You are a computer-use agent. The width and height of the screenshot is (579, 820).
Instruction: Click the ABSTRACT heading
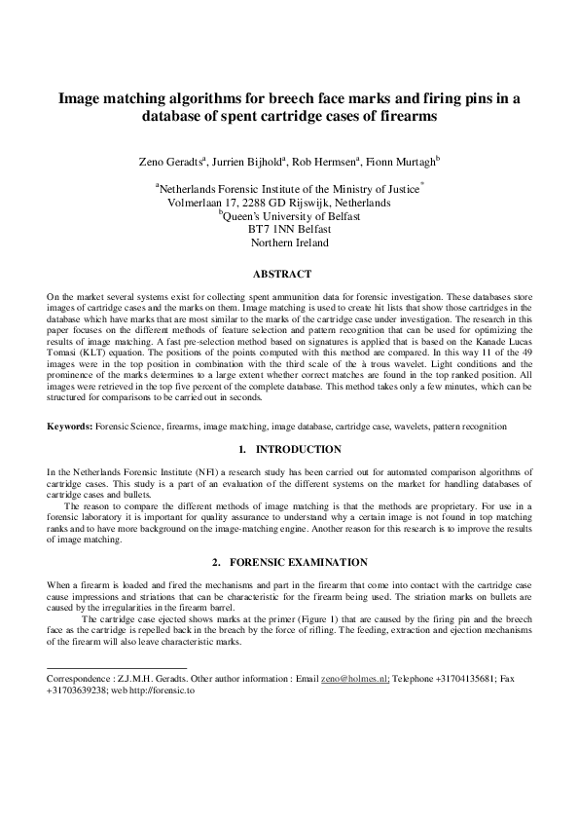point(289,275)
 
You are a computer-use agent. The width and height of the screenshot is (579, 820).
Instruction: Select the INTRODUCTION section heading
point(298,449)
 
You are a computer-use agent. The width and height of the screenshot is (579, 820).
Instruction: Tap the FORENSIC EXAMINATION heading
point(298,563)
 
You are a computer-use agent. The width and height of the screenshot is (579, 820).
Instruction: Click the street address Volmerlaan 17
point(200,204)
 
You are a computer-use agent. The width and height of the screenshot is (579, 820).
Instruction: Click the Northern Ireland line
point(289,242)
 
